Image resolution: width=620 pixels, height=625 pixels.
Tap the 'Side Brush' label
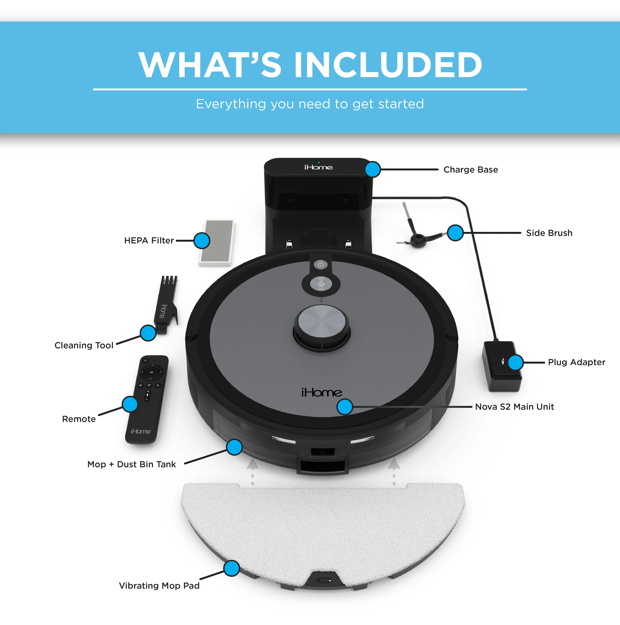(549, 233)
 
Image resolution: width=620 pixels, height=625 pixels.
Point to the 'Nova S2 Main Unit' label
(515, 407)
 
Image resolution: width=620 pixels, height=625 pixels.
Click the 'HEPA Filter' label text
(149, 240)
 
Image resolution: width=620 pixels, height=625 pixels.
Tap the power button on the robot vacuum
(321, 264)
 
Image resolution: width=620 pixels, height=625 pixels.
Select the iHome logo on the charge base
(319, 167)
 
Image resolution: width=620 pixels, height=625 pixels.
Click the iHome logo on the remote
(141, 431)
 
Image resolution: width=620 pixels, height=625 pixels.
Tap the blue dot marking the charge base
(373, 169)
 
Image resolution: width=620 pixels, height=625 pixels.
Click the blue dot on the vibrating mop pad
(232, 568)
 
